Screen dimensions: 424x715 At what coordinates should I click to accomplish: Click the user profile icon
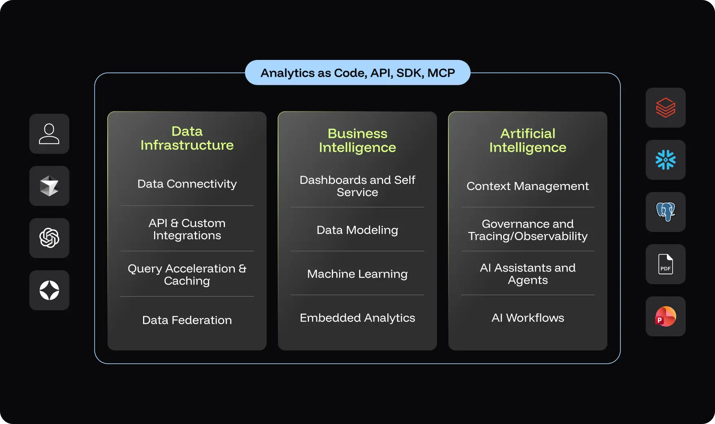[49, 134]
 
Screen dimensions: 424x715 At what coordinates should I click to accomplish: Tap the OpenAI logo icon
[49, 238]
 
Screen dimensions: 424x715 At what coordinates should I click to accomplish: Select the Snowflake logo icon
[665, 160]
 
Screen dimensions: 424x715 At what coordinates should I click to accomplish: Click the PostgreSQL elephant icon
[665, 212]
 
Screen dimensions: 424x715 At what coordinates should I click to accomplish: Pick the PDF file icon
[665, 264]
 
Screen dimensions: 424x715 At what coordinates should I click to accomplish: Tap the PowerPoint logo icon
[665, 316]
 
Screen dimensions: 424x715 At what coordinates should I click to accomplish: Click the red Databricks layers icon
[665, 108]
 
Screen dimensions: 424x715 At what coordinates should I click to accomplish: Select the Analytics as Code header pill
[357, 73]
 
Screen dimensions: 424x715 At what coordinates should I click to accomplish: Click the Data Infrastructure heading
[187, 138]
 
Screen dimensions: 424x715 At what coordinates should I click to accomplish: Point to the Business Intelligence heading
[357, 140]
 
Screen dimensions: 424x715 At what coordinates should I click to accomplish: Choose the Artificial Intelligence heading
[527, 140]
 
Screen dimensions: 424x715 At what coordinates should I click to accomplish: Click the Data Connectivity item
[187, 184]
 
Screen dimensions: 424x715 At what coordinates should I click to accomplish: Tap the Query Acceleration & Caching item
[187, 274]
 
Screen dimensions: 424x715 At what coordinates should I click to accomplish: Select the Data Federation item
[187, 320]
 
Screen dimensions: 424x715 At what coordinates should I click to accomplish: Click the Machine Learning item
[357, 274]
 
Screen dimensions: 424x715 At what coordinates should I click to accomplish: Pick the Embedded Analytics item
[357, 318]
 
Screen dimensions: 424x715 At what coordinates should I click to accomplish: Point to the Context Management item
[527, 186]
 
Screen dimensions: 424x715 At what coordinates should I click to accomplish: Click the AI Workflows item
[527, 318]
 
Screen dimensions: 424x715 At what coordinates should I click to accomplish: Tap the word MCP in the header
[441, 73]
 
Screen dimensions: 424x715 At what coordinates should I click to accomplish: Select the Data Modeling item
[357, 230]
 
